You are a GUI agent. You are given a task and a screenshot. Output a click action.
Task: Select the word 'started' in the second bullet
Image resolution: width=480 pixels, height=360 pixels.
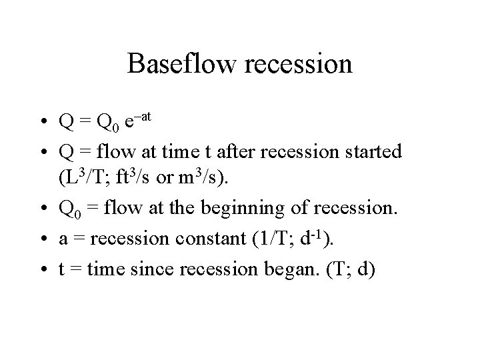tap(377, 151)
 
